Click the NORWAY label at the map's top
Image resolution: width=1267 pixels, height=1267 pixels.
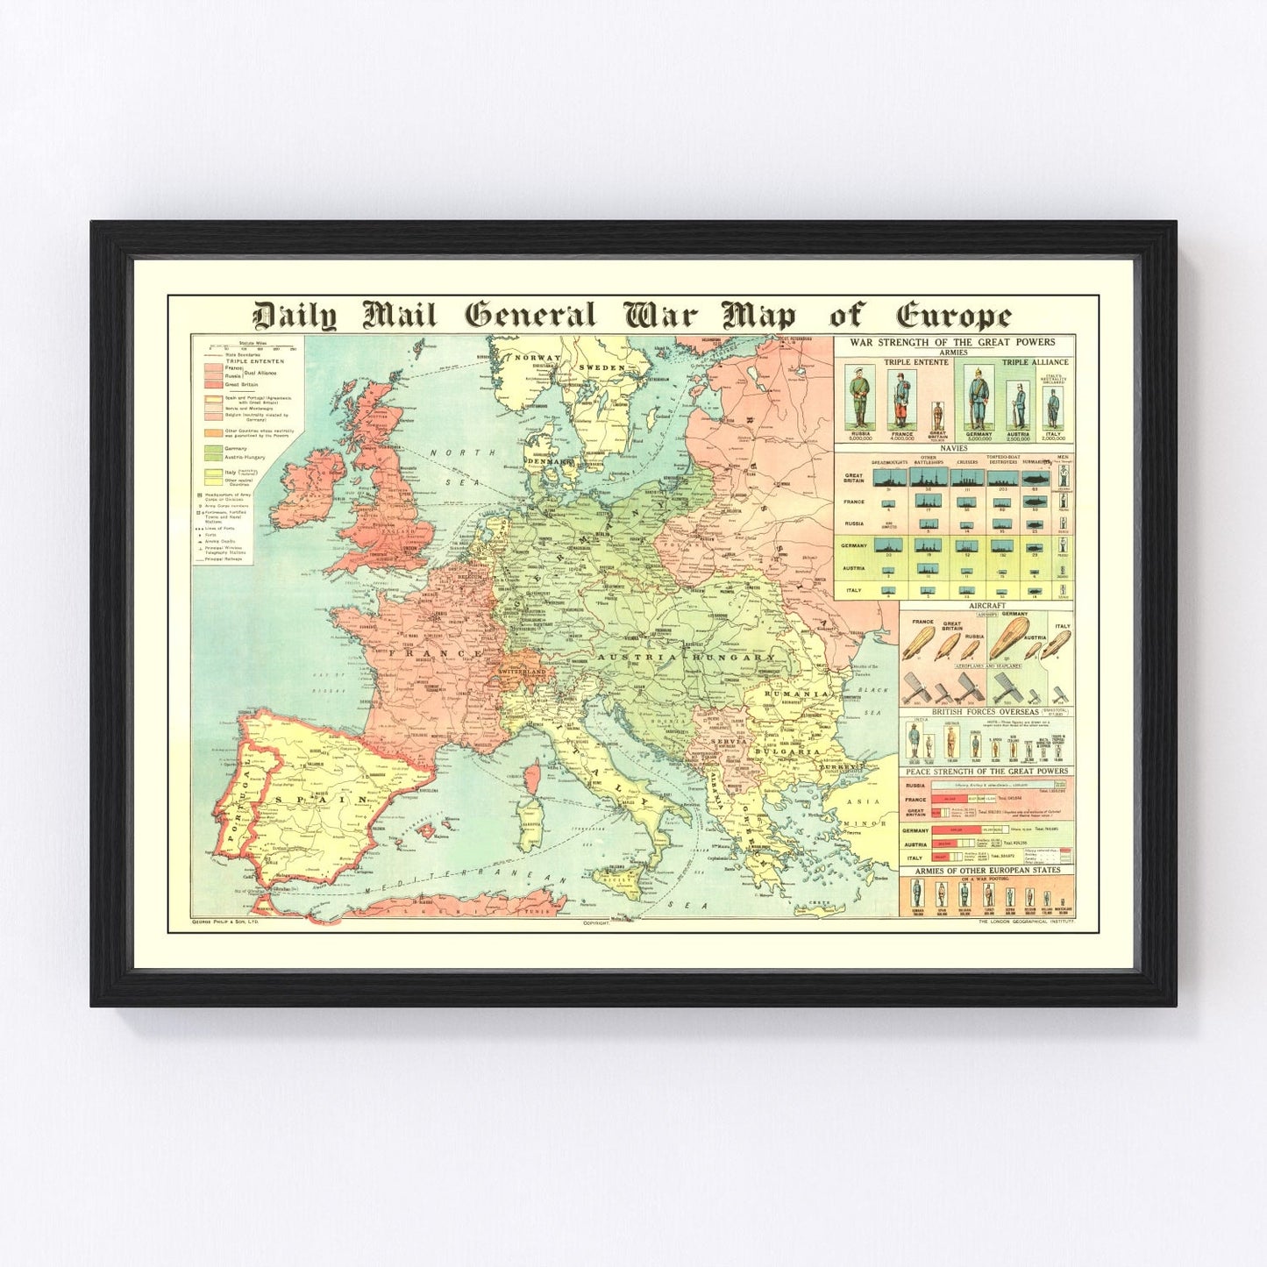coord(537,358)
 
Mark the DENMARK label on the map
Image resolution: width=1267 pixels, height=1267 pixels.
coord(547,461)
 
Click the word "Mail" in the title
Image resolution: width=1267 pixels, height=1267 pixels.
coord(399,315)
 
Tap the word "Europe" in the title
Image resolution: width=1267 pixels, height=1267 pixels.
coord(953,316)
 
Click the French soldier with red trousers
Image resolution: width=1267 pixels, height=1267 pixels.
coord(901,399)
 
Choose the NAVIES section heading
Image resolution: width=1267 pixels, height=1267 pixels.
coord(953,448)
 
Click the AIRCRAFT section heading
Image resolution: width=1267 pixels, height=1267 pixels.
coord(986,606)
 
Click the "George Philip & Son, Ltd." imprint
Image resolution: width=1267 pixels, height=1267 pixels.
coord(226,923)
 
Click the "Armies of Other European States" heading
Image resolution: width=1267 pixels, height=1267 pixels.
coord(986,871)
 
